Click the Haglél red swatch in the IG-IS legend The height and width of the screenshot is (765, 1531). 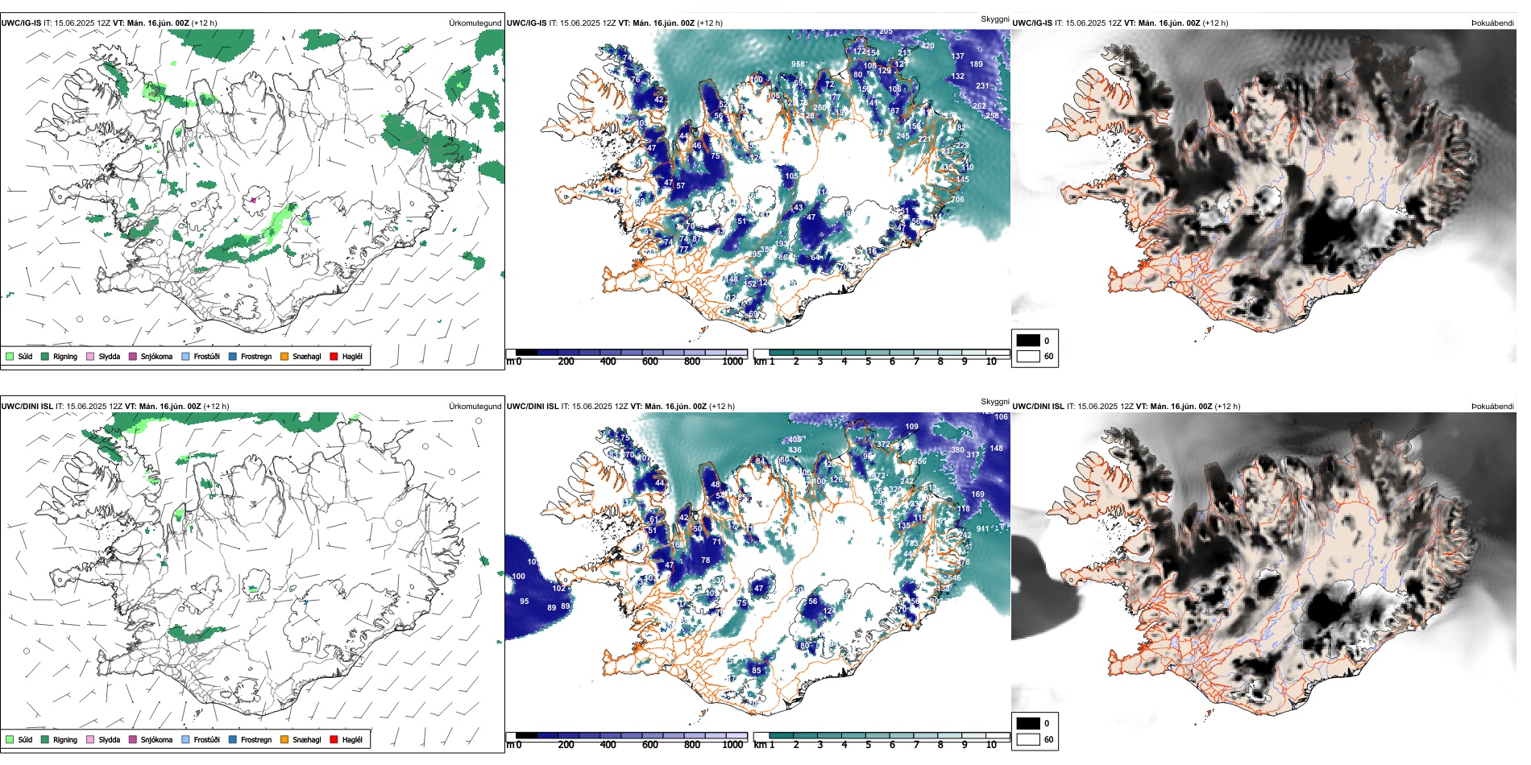(x=334, y=356)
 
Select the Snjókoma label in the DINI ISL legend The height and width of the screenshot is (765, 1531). (x=156, y=739)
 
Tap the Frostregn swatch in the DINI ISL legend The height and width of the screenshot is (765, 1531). (x=233, y=739)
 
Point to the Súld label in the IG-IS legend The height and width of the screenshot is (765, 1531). (x=25, y=356)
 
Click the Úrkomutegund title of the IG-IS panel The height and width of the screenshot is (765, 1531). (x=475, y=23)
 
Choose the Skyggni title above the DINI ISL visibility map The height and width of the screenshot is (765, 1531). (x=994, y=401)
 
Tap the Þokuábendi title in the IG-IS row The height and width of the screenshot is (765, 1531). (x=1492, y=23)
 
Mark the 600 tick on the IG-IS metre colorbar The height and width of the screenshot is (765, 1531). (x=650, y=362)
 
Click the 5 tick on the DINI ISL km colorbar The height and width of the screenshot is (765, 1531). (x=869, y=745)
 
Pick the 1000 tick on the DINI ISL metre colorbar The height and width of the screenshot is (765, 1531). (x=732, y=745)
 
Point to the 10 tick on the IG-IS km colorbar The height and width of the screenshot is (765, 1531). (x=991, y=362)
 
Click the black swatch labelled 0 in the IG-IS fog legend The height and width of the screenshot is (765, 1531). (x=1028, y=341)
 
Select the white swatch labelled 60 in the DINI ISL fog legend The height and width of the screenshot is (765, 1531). (x=1028, y=739)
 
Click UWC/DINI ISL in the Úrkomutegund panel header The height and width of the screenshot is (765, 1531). (x=27, y=407)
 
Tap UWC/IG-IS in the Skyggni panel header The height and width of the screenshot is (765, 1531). (x=527, y=23)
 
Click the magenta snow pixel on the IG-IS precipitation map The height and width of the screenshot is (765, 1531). (x=253, y=200)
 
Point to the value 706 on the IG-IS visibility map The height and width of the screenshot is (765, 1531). (x=957, y=200)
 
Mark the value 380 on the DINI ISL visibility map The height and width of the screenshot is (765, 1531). (x=957, y=450)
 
